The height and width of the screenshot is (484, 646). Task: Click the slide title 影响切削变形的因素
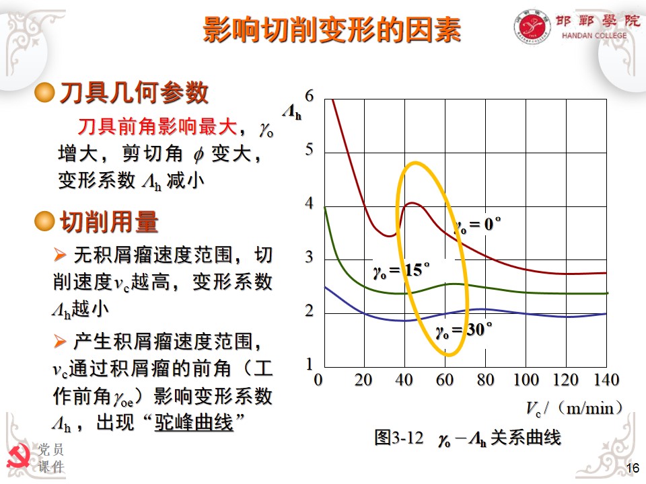(x=332, y=30)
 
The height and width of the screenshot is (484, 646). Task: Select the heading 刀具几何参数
(x=134, y=93)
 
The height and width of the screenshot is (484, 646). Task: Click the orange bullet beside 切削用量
(x=44, y=220)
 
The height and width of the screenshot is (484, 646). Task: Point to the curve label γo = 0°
(x=478, y=225)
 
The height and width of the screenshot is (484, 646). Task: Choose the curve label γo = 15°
(x=401, y=271)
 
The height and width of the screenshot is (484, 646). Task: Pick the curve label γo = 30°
(x=464, y=331)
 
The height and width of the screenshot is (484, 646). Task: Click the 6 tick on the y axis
(x=310, y=96)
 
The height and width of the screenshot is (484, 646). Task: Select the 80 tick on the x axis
(x=485, y=380)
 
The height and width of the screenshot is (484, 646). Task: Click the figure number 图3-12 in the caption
(x=398, y=438)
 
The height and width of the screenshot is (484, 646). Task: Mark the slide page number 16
(x=632, y=469)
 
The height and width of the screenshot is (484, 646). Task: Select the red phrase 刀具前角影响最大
(x=157, y=126)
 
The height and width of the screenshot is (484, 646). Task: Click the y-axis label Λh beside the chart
(x=291, y=113)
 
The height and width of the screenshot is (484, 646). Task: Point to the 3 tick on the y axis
(x=310, y=258)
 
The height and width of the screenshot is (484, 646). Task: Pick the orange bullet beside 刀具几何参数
(x=44, y=93)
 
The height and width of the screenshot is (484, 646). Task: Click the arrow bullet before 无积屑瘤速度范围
(x=60, y=254)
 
